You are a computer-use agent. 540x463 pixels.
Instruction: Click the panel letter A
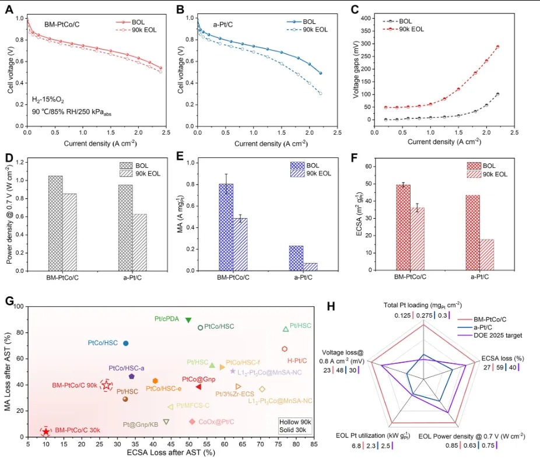tap(9, 9)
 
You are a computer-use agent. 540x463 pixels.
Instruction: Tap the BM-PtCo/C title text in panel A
tap(62, 24)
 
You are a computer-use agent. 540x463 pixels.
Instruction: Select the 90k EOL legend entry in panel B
tap(307, 30)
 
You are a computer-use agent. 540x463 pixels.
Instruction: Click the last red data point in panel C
tap(497, 47)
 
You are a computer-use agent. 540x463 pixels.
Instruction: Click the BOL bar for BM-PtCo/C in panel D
tap(55, 223)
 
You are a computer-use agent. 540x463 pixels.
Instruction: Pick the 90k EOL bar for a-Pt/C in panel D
tap(139, 243)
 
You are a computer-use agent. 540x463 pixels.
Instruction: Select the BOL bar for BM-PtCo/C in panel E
tap(226, 227)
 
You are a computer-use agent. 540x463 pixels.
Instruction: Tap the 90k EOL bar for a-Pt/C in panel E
tap(310, 267)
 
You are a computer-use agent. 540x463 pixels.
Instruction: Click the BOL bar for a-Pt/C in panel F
tap(472, 233)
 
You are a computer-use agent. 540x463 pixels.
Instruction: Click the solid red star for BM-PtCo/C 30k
tap(46, 432)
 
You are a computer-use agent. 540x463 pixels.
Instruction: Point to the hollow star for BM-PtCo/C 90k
tap(106, 385)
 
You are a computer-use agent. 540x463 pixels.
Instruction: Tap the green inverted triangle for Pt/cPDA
tap(188, 320)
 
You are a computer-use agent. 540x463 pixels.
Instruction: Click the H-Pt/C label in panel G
tap(297, 361)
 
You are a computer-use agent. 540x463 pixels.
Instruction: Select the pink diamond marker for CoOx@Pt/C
tap(192, 422)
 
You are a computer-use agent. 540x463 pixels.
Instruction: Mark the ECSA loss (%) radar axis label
tap(503, 358)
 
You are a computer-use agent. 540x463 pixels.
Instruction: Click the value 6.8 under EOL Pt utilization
tap(356, 446)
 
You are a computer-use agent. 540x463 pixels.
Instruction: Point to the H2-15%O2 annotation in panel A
tap(48, 100)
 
